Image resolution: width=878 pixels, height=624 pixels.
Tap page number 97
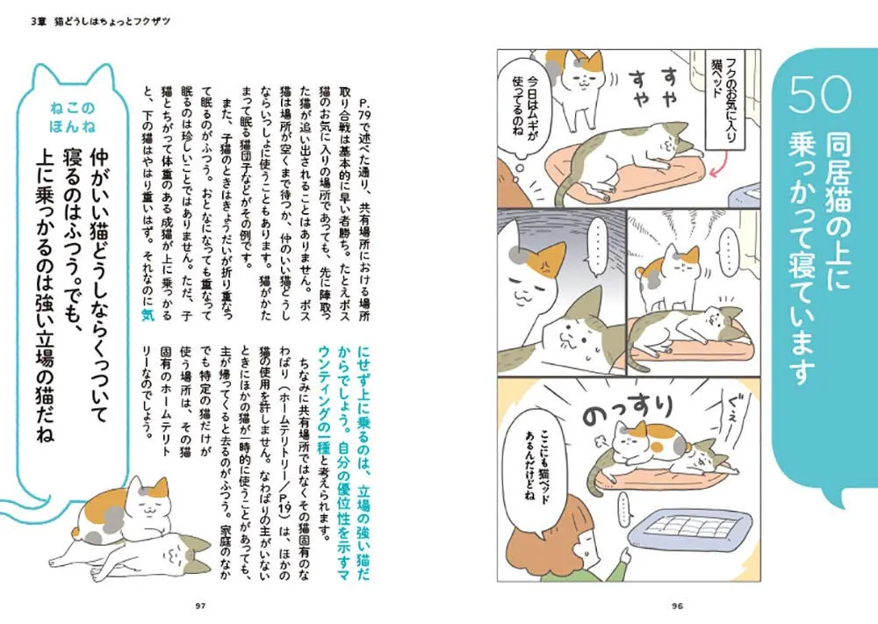(201, 606)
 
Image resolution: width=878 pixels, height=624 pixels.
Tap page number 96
(678, 606)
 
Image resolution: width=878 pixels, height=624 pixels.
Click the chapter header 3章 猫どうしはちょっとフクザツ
(101, 22)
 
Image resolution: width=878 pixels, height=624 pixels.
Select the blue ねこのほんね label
(72, 117)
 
